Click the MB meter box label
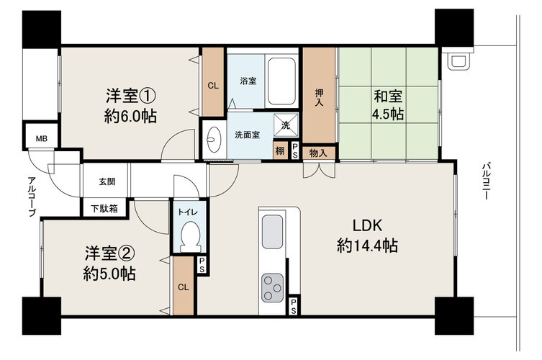42,139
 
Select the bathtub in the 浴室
281,81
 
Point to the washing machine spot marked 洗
286,125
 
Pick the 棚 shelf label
280,150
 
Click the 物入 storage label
318,153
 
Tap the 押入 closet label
319,97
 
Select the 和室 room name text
388,96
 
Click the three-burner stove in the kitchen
272,287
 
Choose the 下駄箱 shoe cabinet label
104,209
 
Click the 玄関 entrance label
107,181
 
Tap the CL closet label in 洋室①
213,86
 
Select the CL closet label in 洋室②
184,287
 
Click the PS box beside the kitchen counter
293,306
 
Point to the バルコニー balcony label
486,181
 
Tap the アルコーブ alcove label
32,196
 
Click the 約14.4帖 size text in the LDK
367,246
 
